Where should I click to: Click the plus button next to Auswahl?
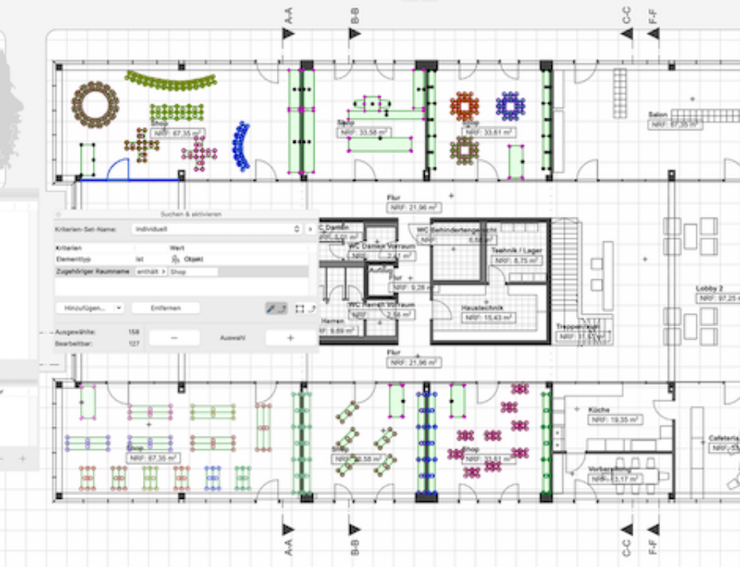click(289, 338)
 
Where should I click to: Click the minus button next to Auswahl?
click(174, 338)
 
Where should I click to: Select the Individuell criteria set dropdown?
click(215, 229)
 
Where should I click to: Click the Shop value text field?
click(192, 272)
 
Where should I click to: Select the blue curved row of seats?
click(240, 146)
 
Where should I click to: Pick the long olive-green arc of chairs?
click(170, 79)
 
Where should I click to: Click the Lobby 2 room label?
click(708, 287)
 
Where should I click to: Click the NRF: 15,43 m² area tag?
click(488, 317)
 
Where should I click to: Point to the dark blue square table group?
click(510, 106)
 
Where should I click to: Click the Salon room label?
click(659, 115)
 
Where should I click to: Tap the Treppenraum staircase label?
click(578, 326)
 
